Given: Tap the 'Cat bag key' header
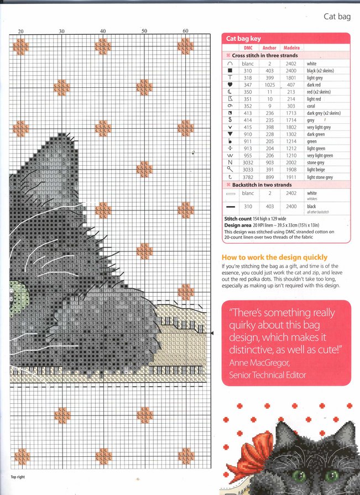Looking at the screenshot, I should tap(243, 39).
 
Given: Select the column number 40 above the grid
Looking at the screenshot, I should tap(103, 31).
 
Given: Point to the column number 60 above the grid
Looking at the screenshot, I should tap(185, 31).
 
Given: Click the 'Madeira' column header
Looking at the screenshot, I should tap(291, 48).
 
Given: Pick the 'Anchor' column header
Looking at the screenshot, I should tap(269, 48).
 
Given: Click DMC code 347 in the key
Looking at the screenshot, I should tap(247, 85).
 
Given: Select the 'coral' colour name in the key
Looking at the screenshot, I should tap(313, 106).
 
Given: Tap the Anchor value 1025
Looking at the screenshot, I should tap(269, 85).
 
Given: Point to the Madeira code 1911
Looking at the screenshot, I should tap(291, 177).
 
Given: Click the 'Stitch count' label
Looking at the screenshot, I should tap(238, 219).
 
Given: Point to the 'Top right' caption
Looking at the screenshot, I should tap(18, 477).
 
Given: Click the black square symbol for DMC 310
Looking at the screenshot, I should tap(229, 71).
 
